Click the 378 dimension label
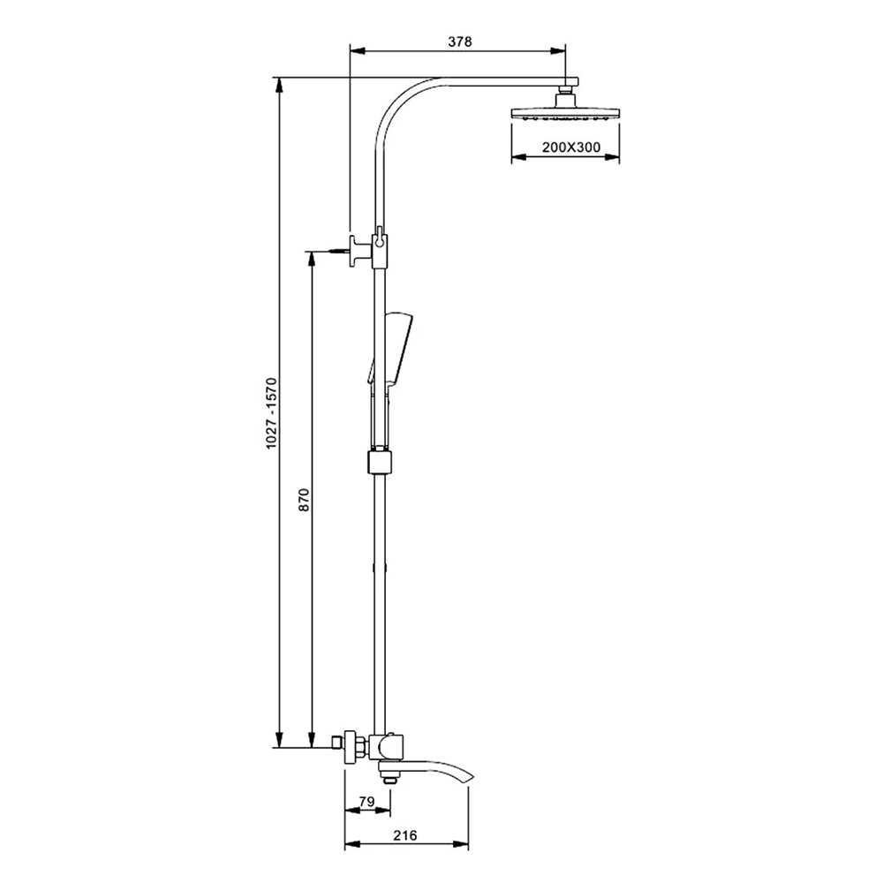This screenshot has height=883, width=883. click(459, 42)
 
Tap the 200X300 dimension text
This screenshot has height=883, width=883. click(571, 147)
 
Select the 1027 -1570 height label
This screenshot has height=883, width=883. click(272, 412)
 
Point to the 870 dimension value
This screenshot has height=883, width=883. click(304, 500)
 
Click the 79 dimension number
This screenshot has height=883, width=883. click(366, 801)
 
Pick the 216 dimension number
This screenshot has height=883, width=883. click(405, 835)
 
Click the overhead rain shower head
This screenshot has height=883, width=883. click(565, 111)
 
